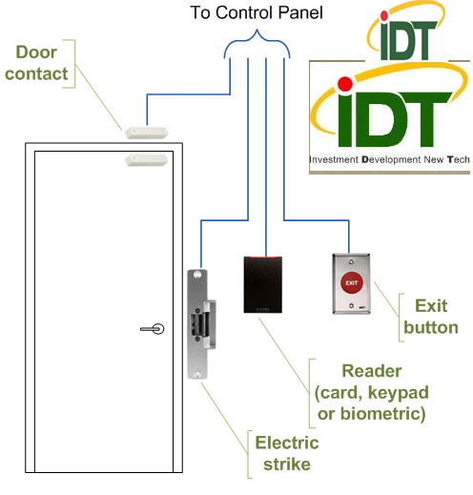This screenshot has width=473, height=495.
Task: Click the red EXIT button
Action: (351, 283)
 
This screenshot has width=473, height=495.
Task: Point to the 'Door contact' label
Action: (35, 62)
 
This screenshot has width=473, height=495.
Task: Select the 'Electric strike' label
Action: (287, 454)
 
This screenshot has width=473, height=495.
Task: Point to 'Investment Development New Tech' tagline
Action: (389, 161)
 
